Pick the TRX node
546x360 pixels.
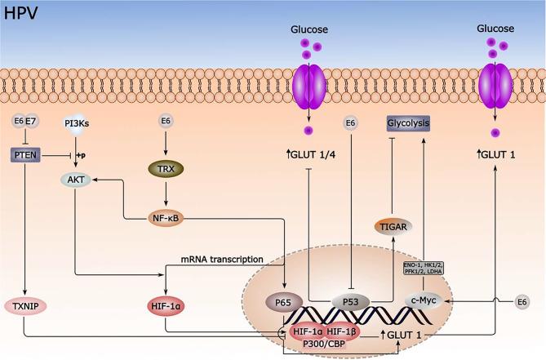point(166,170)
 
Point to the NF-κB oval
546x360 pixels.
point(166,218)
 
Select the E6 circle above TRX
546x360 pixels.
point(166,122)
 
